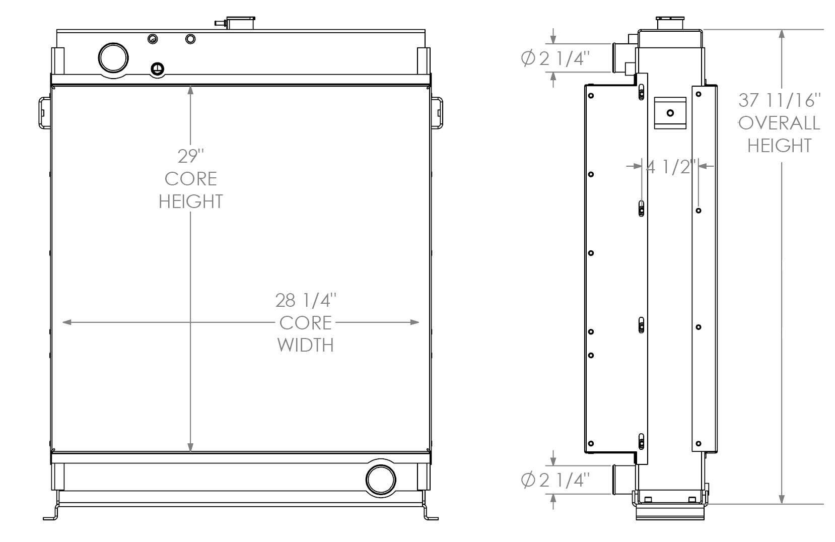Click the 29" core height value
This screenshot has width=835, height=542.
point(190,156)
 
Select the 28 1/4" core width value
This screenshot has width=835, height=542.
point(306,300)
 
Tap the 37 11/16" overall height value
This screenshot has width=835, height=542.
point(779,100)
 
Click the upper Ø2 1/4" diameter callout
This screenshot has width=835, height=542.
point(554,59)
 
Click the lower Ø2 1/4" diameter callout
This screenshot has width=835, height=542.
point(554,480)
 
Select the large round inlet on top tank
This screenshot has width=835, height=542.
point(113,58)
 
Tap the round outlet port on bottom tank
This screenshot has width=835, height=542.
point(380,480)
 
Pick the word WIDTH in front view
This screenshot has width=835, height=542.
point(306,345)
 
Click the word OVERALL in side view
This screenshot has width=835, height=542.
point(779,123)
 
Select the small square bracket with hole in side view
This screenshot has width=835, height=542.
point(670,113)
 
